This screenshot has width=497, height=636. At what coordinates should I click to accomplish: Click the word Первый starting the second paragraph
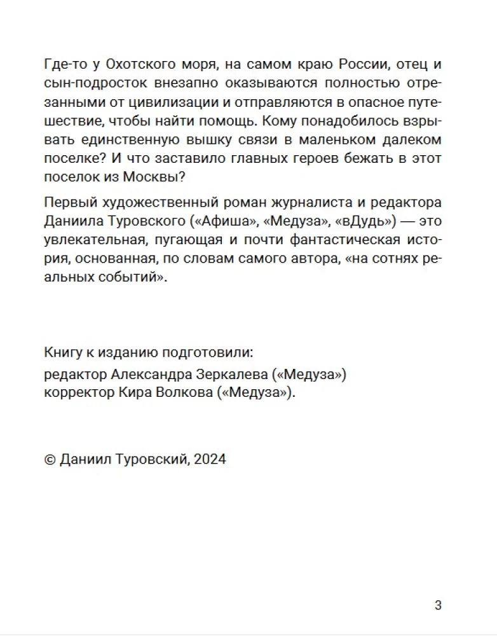[67, 203]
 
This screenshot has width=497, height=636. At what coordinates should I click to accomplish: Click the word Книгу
[61, 352]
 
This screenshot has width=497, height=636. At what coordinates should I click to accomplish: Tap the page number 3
[438, 605]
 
